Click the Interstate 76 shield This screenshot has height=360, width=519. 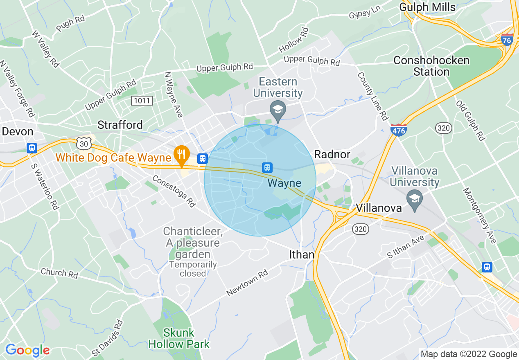click(x=507, y=40)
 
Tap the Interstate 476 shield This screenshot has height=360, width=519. click(x=398, y=129)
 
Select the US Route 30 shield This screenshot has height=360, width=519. click(x=83, y=143)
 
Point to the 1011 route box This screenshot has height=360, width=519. click(x=142, y=100)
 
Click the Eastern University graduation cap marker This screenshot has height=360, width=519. click(x=278, y=110)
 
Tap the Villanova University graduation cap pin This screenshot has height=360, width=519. click(x=415, y=199)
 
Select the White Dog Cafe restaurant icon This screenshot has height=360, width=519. click(x=181, y=154)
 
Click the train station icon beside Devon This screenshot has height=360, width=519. click(x=32, y=148)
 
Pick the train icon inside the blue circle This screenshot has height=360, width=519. click(x=267, y=167)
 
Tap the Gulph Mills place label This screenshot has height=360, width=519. click(x=427, y=7)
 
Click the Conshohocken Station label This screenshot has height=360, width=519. click(x=431, y=66)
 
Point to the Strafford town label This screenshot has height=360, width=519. click(x=120, y=125)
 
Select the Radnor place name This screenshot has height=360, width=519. click(x=332, y=154)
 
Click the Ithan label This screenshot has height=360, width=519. click(x=302, y=254)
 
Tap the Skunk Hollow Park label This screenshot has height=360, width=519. click(x=179, y=338)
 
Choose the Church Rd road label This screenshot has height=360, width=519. click(x=59, y=273)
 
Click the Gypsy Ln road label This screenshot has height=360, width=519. click(x=366, y=13)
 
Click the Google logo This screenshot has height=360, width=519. click(x=27, y=350)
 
